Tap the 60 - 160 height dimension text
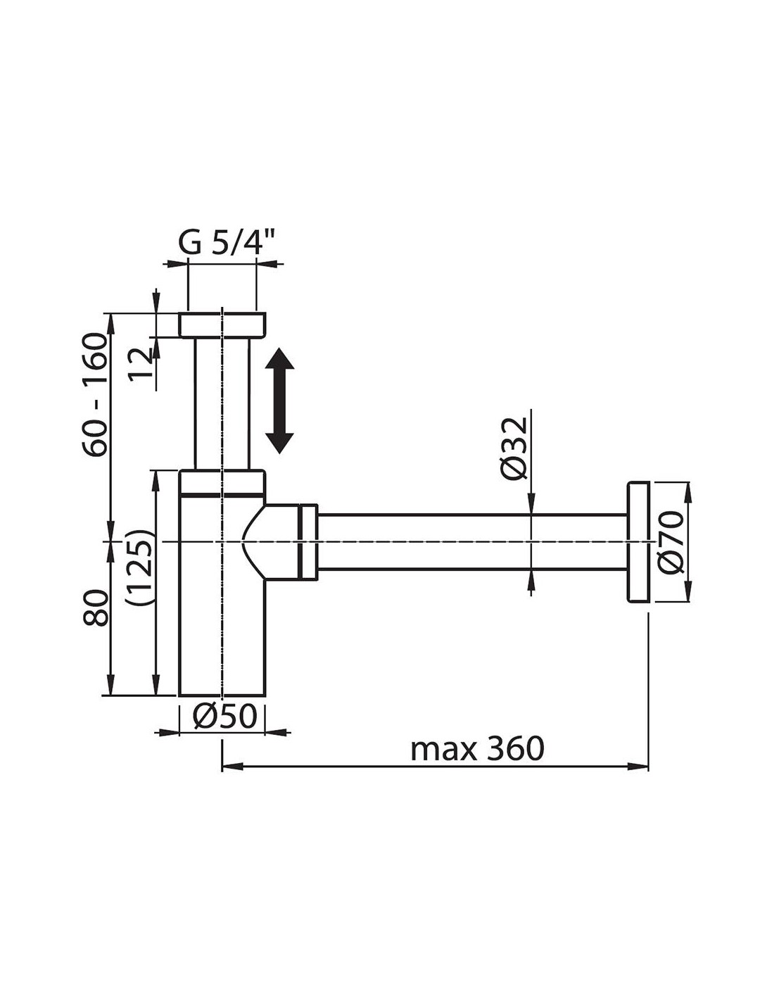(96, 394)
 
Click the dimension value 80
(96, 607)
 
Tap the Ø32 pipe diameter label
(515, 448)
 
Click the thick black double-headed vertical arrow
(279, 401)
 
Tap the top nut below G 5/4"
(222, 325)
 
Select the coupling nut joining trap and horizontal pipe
(308, 542)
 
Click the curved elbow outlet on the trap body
(270, 542)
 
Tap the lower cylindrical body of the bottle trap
(222, 599)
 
